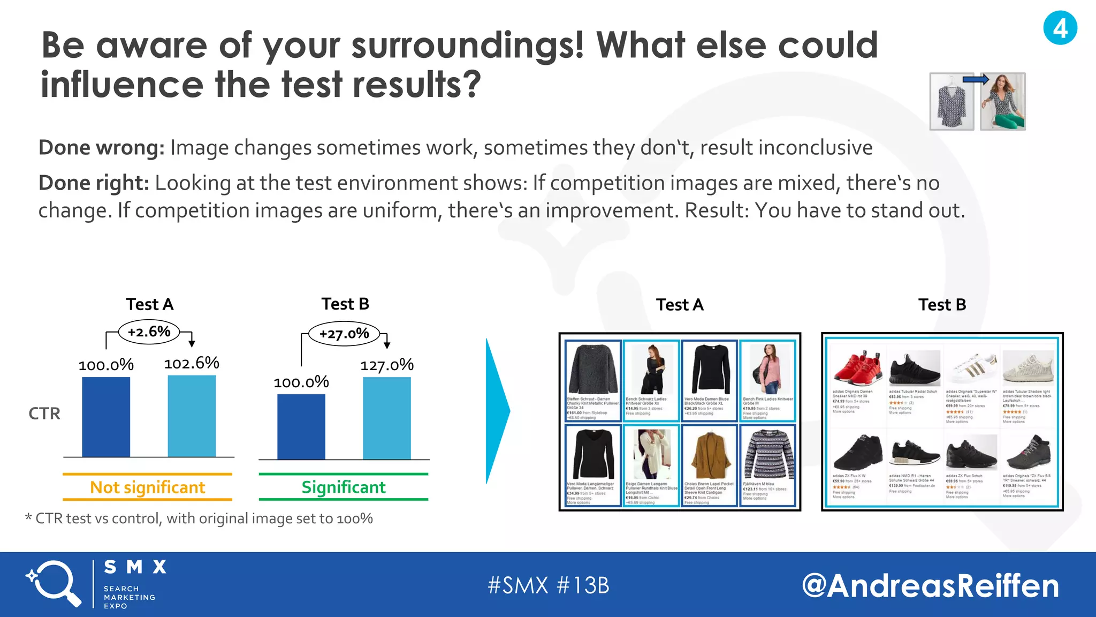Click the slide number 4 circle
coord(1060,28)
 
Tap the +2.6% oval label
coord(149,332)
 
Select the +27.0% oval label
coord(344,334)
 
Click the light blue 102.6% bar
coord(192,416)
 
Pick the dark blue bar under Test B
coord(301,427)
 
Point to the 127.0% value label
coord(386,365)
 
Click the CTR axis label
coord(44,413)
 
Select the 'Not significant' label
coord(147,487)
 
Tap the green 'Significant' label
coord(343,487)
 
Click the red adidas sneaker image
coord(857,367)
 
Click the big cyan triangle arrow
coord(497,411)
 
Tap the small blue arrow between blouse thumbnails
coord(975,80)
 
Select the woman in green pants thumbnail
coord(1002,102)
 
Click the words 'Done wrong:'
coord(102,148)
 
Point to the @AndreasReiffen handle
coord(930,585)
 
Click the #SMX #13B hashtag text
coord(548,585)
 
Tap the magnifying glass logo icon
coord(54,583)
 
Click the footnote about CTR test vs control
coord(199,518)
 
